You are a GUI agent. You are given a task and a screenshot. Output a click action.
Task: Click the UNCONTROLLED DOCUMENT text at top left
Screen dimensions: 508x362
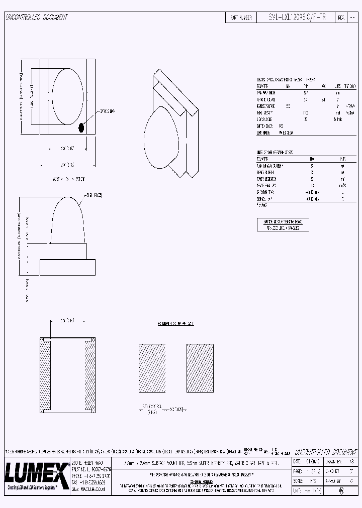click(x=36, y=17)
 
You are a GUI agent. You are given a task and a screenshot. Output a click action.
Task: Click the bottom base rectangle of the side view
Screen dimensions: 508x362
click(x=67, y=266)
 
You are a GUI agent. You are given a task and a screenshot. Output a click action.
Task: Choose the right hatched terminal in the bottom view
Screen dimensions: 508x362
click(x=89, y=375)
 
